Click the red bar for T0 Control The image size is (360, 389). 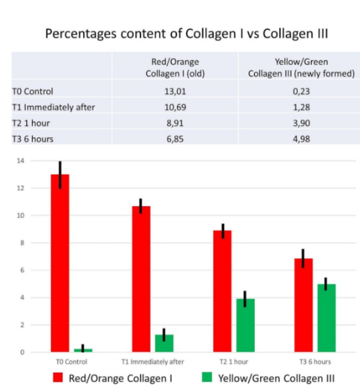(x=60, y=263)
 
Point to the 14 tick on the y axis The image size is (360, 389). (x=20, y=161)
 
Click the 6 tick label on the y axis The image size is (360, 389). (x=22, y=270)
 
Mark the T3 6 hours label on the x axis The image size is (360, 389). (x=315, y=362)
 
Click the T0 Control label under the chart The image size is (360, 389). (x=71, y=362)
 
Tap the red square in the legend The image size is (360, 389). (x=59, y=378)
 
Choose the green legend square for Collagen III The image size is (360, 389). (x=206, y=378)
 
